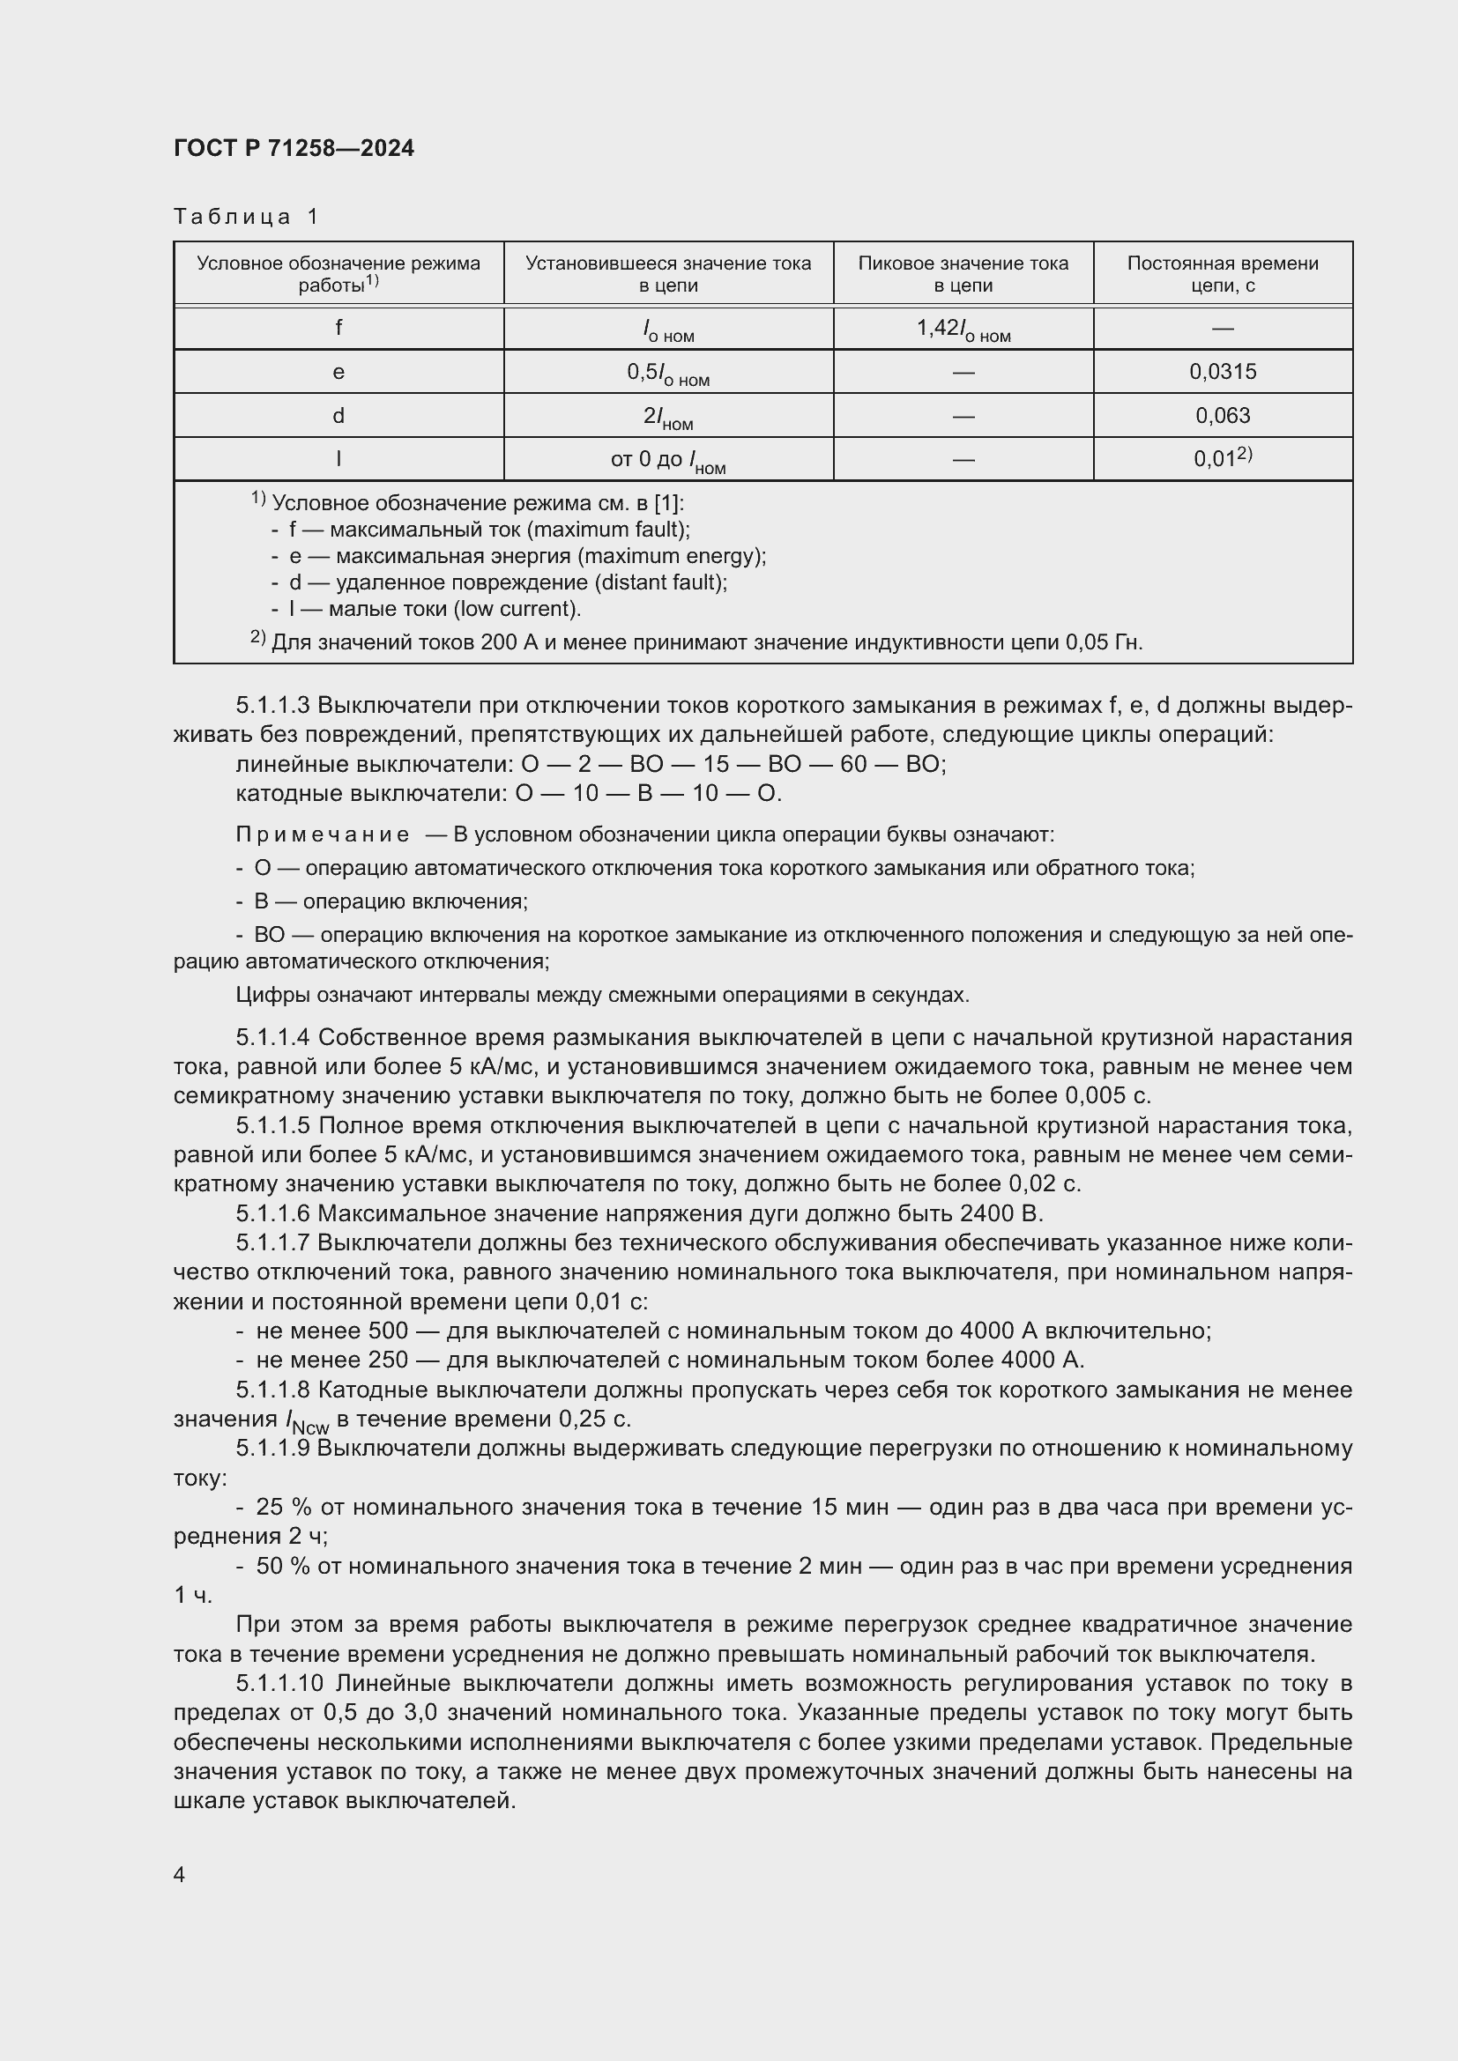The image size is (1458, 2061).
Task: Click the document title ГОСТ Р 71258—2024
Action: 294,148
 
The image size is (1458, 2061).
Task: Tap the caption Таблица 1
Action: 246,217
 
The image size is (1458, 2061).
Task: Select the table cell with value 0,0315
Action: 1222,372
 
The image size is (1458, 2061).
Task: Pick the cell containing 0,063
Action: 1222,416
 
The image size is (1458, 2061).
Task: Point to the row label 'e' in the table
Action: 338,372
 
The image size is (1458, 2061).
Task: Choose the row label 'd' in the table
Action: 338,416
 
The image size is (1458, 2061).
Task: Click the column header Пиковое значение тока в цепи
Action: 963,274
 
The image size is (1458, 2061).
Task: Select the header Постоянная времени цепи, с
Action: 1222,274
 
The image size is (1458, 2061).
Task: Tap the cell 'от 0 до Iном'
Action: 668,461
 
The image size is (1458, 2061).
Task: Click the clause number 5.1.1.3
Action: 273,706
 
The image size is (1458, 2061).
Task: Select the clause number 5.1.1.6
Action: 273,1213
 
